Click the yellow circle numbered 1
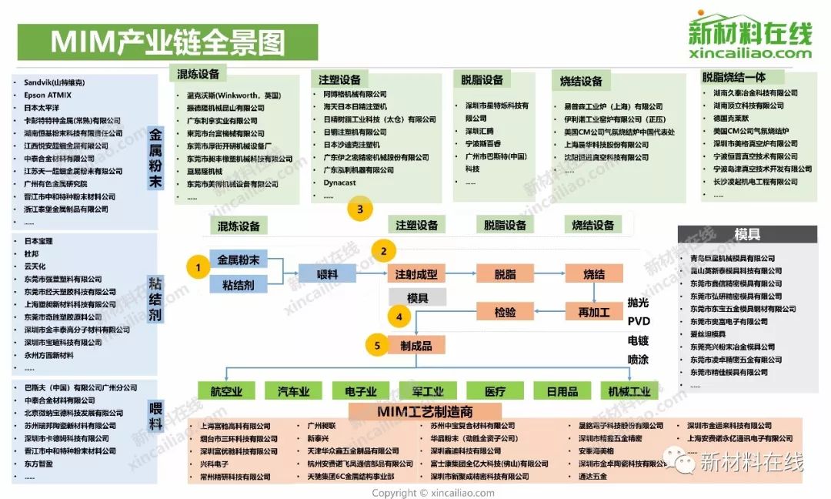pyautogui.click(x=198, y=267)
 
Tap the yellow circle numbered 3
pyautogui.click(x=360, y=209)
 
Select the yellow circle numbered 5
pyautogui.click(x=377, y=346)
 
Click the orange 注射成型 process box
pyautogui.click(x=416, y=274)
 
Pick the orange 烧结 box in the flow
pyautogui.click(x=593, y=274)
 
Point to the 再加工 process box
pyautogui.click(x=593, y=312)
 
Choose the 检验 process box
pyautogui.click(x=505, y=312)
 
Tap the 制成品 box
pyautogui.click(x=416, y=346)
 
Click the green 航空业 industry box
pyautogui.click(x=226, y=391)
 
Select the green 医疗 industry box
pyautogui.click(x=496, y=391)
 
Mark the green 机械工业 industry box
pyautogui.click(x=629, y=391)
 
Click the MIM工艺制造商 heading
pyautogui.click(x=428, y=411)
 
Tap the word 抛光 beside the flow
pyautogui.click(x=639, y=302)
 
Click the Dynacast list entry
pyautogui.click(x=340, y=183)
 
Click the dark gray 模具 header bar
pyautogui.click(x=747, y=235)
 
